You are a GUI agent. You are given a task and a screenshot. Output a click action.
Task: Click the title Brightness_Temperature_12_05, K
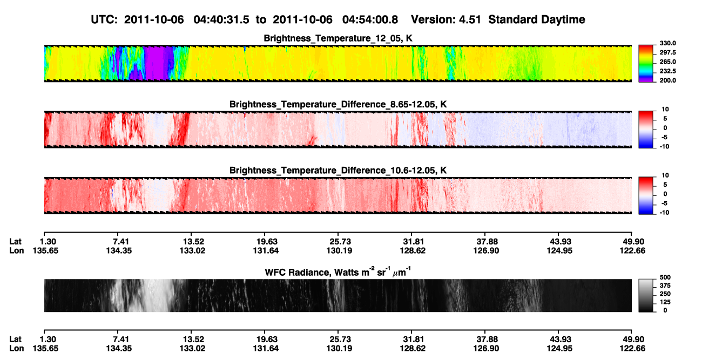coord(338,38)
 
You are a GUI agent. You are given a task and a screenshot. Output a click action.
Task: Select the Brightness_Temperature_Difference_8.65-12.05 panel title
coord(338,104)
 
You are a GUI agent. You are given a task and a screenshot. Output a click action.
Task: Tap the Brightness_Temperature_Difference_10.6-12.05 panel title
coord(338,171)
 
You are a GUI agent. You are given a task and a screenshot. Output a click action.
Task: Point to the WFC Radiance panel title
coord(338,272)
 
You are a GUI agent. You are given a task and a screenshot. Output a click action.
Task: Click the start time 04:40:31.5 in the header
coord(221,20)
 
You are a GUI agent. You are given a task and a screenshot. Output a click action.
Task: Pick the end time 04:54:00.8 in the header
coord(370,20)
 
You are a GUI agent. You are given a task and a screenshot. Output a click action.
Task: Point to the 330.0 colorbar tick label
coord(667,43)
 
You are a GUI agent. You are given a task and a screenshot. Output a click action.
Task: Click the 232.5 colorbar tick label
coord(667,71)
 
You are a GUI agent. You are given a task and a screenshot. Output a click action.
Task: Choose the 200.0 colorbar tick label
coord(667,80)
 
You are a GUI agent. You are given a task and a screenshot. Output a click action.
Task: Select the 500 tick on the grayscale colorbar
coord(665,277)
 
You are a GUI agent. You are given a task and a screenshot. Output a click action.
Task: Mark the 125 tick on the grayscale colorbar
coord(665,302)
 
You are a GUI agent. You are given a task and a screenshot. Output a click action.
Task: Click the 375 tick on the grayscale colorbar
coord(665,286)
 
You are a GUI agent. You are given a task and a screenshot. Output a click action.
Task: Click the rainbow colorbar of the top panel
coord(646,64)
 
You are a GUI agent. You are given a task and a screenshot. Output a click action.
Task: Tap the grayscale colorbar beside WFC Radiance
coord(646,295)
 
